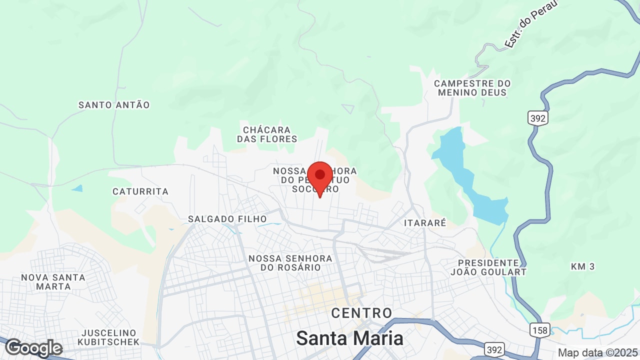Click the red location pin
coord(320,176)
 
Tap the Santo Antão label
coord(114,105)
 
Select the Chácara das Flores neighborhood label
coord(267,134)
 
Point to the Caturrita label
coord(140,191)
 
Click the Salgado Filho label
coord(227,219)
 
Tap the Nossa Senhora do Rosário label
coord(290,263)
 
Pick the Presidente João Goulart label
coord(488,267)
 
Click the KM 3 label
coord(583,266)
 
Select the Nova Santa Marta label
coord(53,282)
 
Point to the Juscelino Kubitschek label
coord(109,337)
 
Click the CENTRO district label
coord(362,313)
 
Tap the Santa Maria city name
coord(349,338)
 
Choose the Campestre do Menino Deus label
coord(472,88)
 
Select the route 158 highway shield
coord(540,330)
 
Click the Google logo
coord(33,348)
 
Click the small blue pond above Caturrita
coord(77,188)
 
